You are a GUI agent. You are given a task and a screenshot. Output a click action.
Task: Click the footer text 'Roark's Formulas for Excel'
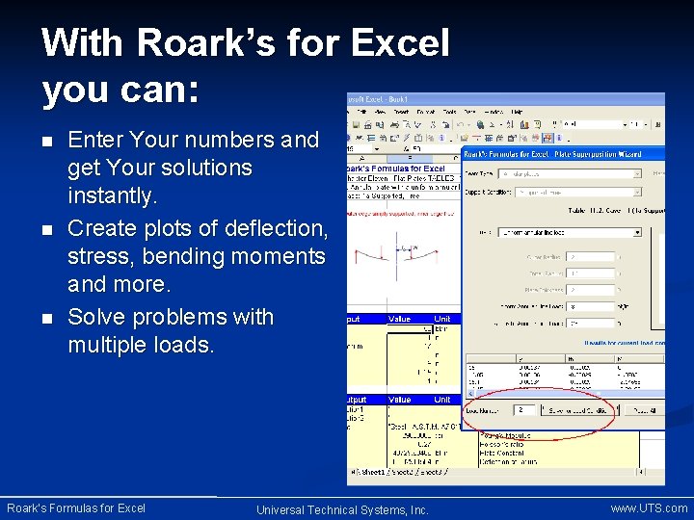pos(76,507)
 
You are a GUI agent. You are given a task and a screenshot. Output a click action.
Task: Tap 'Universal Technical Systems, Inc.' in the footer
pos(342,509)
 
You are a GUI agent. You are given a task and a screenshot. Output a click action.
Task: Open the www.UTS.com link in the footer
pos(649,507)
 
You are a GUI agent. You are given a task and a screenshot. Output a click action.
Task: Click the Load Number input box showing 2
pos(525,409)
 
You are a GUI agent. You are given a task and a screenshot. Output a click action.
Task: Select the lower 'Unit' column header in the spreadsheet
pos(442,400)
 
